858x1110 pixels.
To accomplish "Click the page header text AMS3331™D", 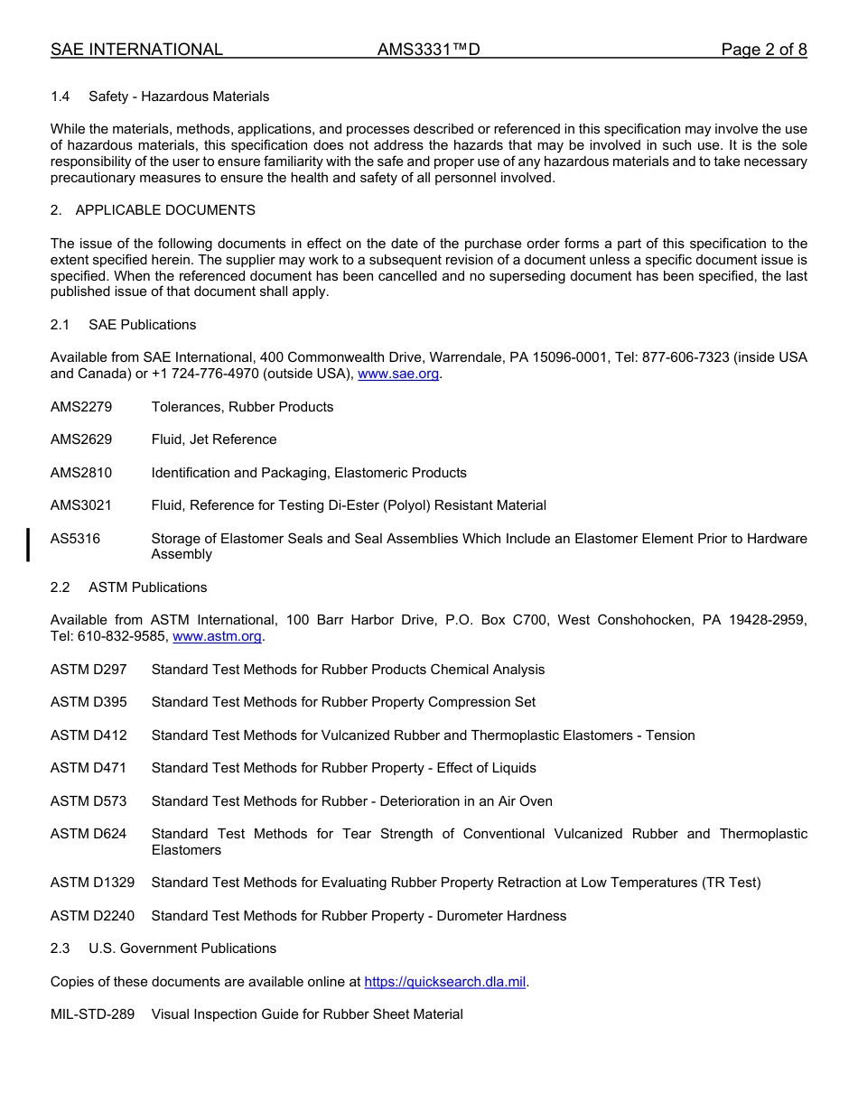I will point(428,50).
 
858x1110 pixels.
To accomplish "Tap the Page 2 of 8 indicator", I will point(763,50).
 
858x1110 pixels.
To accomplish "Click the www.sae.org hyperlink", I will point(398,374).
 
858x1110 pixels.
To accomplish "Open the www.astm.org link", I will point(217,636).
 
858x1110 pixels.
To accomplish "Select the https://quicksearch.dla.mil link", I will point(445,982).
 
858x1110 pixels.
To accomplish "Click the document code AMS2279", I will point(81,407).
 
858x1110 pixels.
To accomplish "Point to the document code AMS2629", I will point(81,439).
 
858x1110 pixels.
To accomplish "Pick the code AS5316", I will point(76,539).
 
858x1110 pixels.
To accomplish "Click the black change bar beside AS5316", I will point(29,546).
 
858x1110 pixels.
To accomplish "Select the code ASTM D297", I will point(89,670).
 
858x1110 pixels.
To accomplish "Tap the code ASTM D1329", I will point(92,883).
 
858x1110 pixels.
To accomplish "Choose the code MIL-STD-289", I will point(92,1014).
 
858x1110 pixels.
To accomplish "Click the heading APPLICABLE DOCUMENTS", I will point(165,210).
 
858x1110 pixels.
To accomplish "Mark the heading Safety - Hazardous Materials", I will point(179,97).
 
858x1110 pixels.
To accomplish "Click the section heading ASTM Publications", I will point(147,587).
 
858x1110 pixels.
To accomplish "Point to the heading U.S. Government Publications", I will point(182,948).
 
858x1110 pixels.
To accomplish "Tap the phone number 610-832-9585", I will point(123,636).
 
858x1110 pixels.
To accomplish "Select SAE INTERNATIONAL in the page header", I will point(136,50).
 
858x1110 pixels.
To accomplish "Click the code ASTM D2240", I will point(92,916).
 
